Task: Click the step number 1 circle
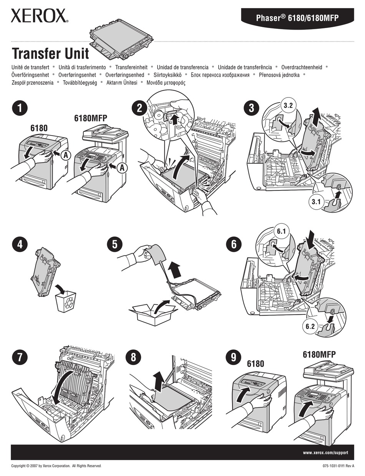pos(20,108)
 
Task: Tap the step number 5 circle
pos(114,245)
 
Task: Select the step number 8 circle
pos(133,357)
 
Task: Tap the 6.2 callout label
pos(310,327)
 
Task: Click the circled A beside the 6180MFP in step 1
pos(122,167)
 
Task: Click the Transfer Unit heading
pos(50,53)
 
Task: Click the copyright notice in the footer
pos(56,466)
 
